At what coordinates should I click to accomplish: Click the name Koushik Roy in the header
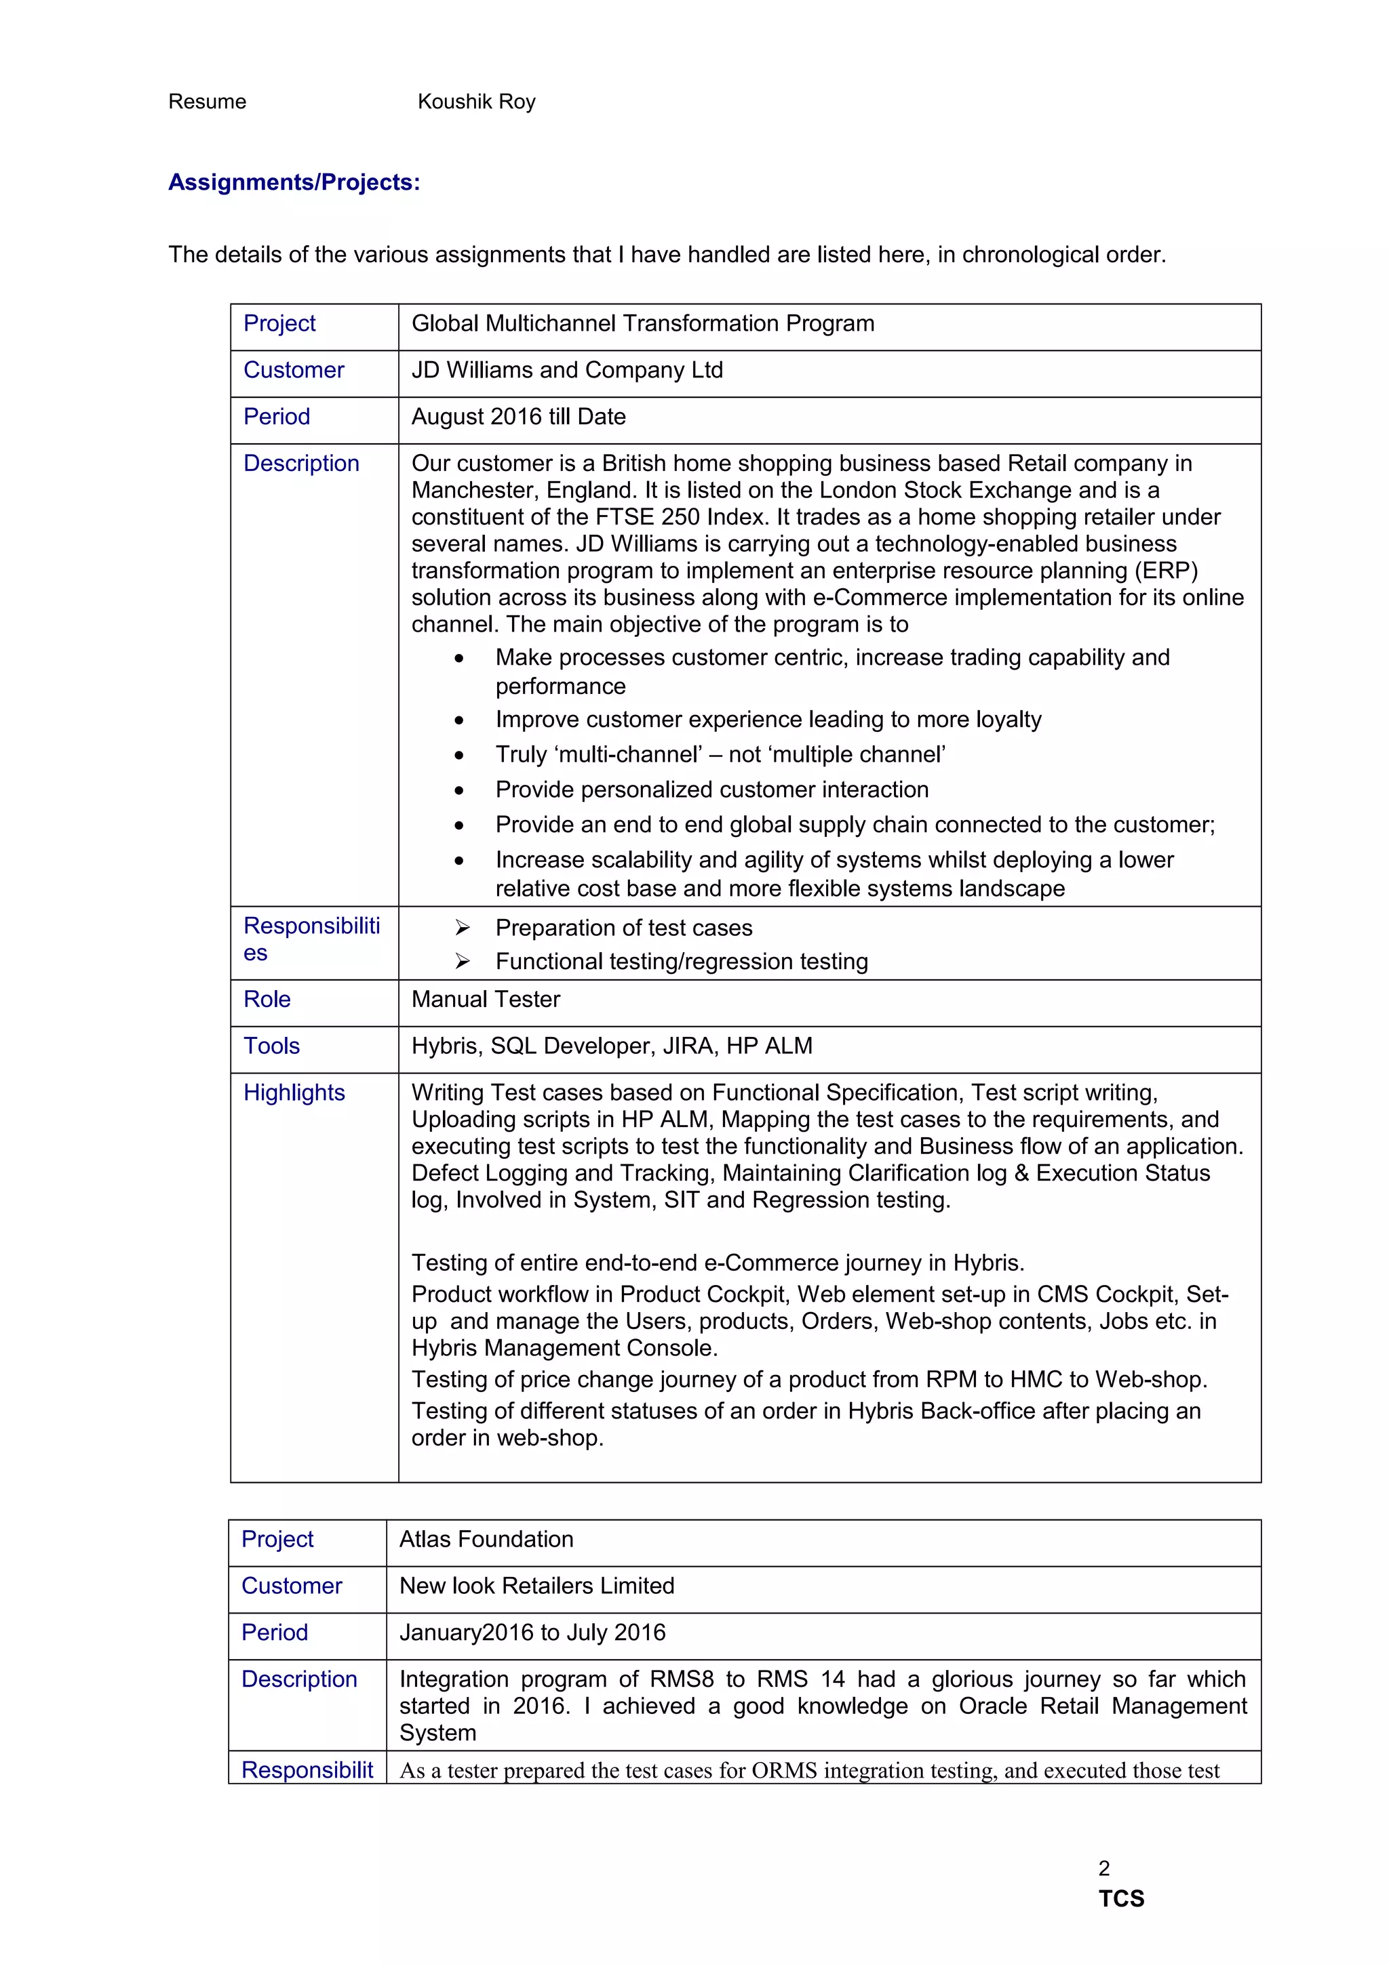click(476, 102)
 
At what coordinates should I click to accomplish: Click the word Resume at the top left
click(207, 102)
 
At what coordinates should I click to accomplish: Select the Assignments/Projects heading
click(294, 182)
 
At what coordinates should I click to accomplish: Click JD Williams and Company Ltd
click(566, 371)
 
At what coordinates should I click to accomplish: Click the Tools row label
click(271, 1046)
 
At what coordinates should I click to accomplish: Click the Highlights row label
click(294, 1092)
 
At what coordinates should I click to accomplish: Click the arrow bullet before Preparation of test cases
click(462, 928)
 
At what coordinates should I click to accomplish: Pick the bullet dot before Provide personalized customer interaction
click(460, 790)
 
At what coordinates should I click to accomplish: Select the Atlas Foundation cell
click(486, 1539)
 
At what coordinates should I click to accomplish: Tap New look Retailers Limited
click(536, 1586)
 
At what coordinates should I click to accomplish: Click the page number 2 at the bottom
click(1104, 1868)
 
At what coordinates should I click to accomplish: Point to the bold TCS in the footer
click(1121, 1899)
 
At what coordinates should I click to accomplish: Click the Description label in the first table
click(301, 464)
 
